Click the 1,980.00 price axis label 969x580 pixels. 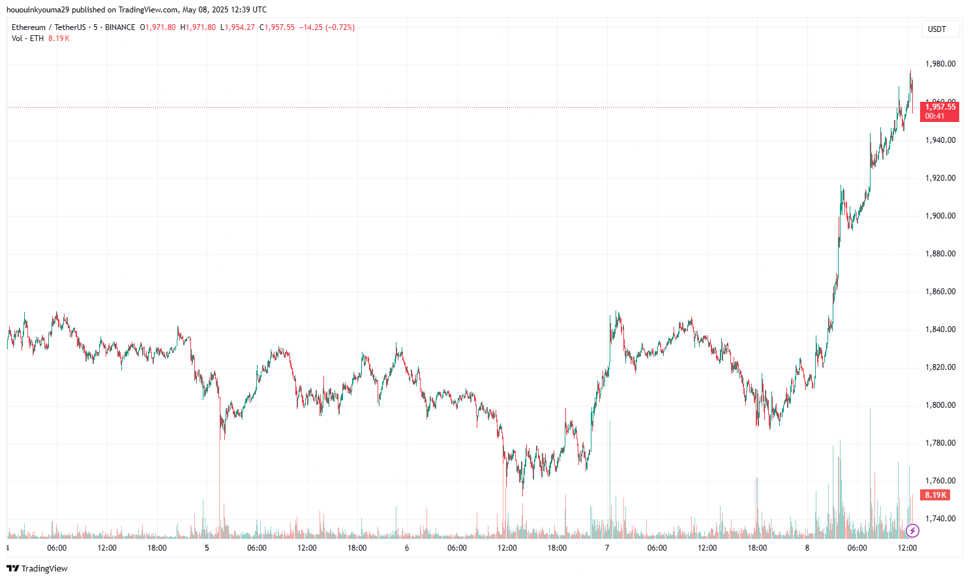coord(940,64)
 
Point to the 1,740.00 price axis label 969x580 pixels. coord(940,519)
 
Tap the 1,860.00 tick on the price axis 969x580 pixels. coord(940,292)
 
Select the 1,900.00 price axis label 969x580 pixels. coord(940,216)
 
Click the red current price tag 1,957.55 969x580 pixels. coord(940,107)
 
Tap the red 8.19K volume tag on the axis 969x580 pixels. coord(935,495)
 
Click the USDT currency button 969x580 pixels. coord(937,29)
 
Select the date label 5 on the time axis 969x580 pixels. coord(207,548)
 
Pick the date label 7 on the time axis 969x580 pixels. coord(607,548)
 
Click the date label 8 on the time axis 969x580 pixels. coord(807,548)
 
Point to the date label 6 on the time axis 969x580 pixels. coord(407,548)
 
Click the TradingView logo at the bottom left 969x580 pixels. coord(37,568)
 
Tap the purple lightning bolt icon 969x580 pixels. coord(912,530)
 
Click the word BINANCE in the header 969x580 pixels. coord(120,27)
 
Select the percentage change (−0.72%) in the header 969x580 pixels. coord(340,27)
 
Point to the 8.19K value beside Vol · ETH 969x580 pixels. coord(59,38)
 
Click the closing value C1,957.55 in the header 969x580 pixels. coord(277,27)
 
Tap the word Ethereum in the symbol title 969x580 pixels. coord(29,27)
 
